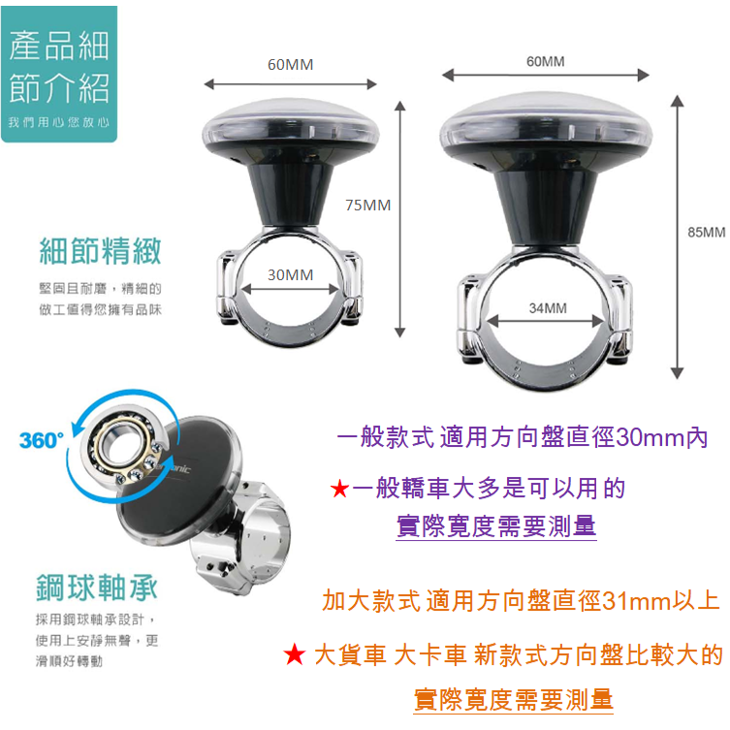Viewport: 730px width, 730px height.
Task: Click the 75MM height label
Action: [x=367, y=206]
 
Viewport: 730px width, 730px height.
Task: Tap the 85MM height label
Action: [x=707, y=232]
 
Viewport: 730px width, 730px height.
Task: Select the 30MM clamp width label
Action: [x=290, y=274]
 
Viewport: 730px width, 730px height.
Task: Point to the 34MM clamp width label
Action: [x=548, y=307]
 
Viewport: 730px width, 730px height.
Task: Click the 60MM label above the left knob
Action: [x=290, y=64]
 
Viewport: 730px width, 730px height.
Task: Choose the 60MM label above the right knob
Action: [x=545, y=61]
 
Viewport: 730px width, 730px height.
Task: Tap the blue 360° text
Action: [x=42, y=440]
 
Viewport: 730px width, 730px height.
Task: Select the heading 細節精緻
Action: [x=100, y=251]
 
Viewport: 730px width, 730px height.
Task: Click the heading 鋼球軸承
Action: [x=97, y=587]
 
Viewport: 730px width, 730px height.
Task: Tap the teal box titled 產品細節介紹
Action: [x=59, y=74]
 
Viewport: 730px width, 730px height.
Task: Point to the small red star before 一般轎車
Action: [x=339, y=489]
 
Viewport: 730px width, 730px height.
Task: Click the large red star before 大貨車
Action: [x=295, y=654]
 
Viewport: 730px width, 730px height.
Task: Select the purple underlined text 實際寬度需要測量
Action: [x=496, y=526]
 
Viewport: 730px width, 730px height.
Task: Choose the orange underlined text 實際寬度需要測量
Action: [x=514, y=700]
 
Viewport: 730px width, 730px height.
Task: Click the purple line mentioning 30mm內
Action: [x=522, y=437]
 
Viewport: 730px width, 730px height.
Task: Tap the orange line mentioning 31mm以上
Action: [x=521, y=600]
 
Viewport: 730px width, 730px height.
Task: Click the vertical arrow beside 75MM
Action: [x=400, y=219]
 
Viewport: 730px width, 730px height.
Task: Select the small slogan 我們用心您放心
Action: [x=59, y=122]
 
